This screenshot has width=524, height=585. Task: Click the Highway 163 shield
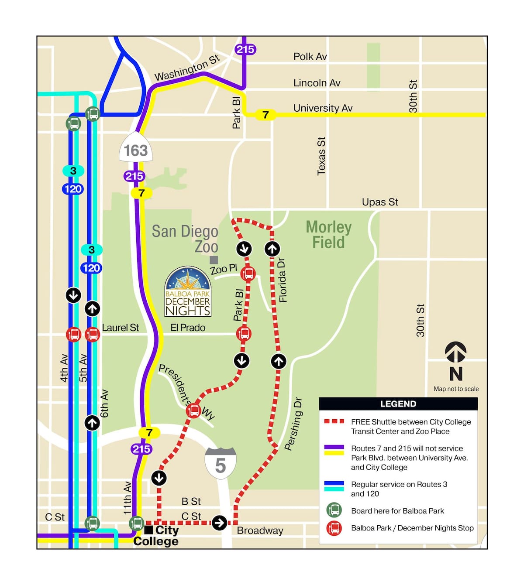pyautogui.click(x=136, y=150)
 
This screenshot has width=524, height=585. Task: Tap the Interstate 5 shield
pyautogui.click(x=221, y=464)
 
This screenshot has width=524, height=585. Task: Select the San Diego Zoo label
pyautogui.click(x=186, y=239)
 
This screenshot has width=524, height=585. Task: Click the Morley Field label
pyautogui.click(x=328, y=235)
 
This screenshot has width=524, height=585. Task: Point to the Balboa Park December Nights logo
pyautogui.click(x=188, y=292)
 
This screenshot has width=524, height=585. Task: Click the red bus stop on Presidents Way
pyautogui.click(x=193, y=411)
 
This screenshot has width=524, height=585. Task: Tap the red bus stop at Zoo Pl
pyautogui.click(x=248, y=274)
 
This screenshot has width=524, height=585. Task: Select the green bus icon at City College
pyautogui.click(x=136, y=523)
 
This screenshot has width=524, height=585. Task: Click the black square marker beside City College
pyautogui.click(x=148, y=530)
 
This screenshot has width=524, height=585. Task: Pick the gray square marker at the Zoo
pyautogui.click(x=214, y=260)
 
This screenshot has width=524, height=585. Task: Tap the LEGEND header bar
pyautogui.click(x=398, y=404)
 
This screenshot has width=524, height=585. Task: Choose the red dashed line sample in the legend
pyautogui.click(x=334, y=421)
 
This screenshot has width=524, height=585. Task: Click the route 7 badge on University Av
pyautogui.click(x=265, y=115)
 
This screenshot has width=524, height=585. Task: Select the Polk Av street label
pyautogui.click(x=310, y=57)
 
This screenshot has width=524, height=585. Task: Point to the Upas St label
pyautogui.click(x=380, y=202)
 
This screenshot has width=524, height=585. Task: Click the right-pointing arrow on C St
pyautogui.click(x=219, y=522)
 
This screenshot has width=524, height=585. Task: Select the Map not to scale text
pyautogui.click(x=456, y=389)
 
